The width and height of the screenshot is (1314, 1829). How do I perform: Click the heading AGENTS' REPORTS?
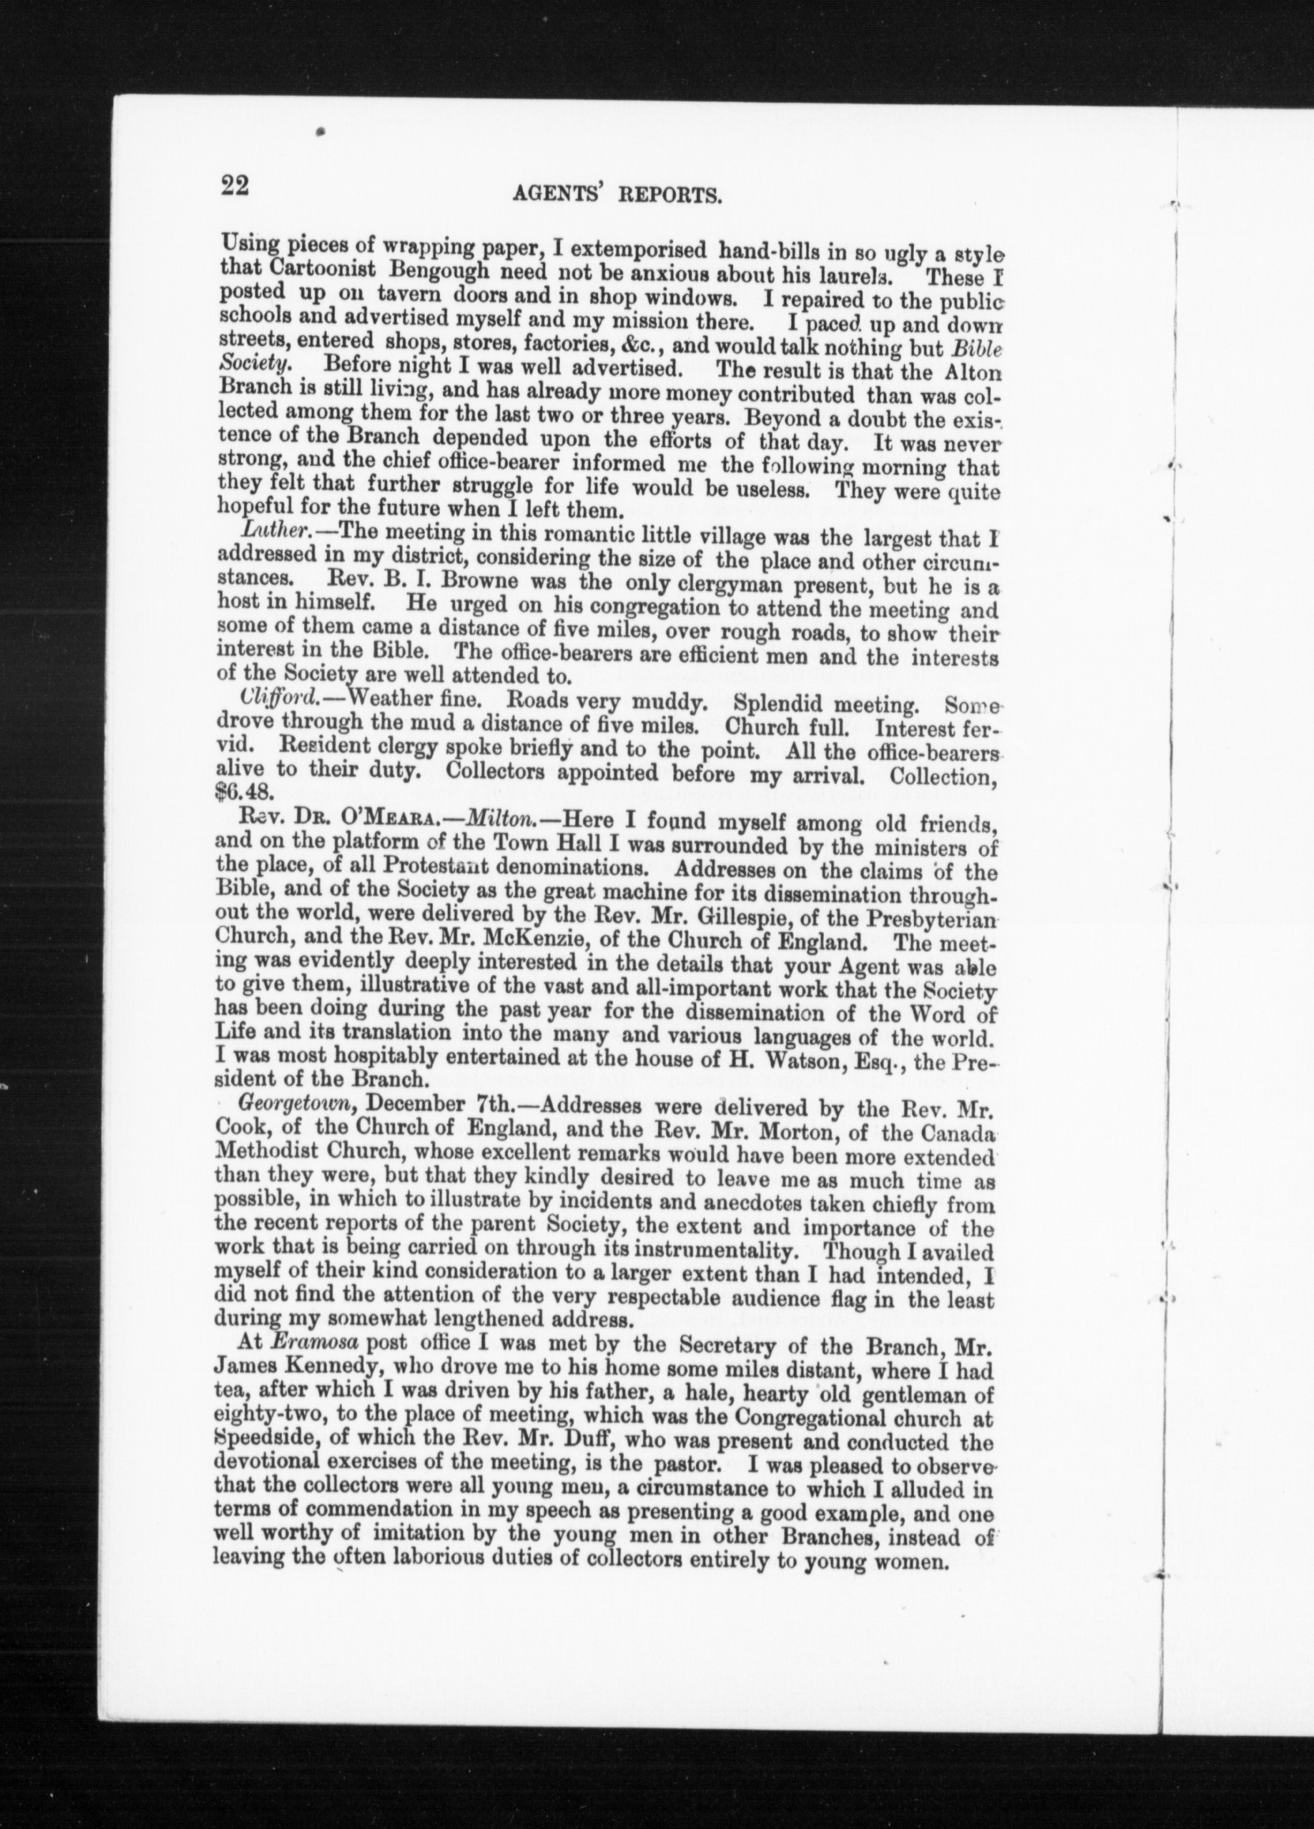[x=615, y=195]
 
